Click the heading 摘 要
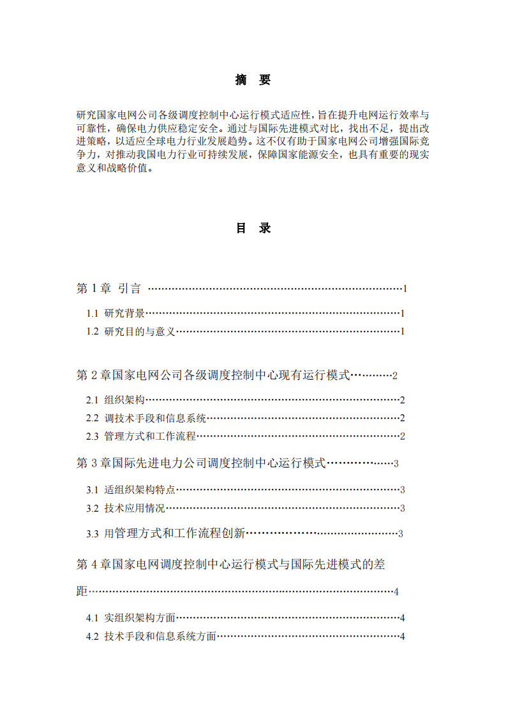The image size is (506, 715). pos(253,80)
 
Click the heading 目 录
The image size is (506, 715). pos(253,228)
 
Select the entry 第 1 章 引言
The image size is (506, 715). pos(108,289)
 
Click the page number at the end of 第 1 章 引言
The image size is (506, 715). pos(405,289)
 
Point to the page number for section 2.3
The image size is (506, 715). pos(403,437)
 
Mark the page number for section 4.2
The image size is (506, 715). pos(403,637)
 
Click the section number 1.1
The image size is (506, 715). pos(93,314)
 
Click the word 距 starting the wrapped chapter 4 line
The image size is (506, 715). pos(82,591)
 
